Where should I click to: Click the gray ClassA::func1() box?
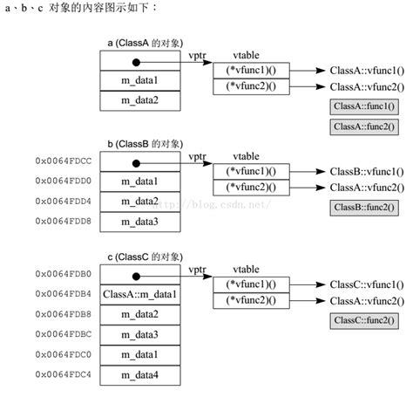coord(364,106)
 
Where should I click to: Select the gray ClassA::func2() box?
coord(364,127)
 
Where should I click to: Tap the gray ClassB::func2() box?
coord(364,208)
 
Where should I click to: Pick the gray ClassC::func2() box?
coord(366,320)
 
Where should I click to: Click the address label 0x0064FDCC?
coord(64,161)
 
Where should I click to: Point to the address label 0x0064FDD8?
coord(64,221)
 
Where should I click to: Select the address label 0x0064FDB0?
coord(64,274)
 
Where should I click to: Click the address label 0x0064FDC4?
coord(64,375)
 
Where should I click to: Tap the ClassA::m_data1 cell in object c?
coord(139,295)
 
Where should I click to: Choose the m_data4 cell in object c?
coord(139,376)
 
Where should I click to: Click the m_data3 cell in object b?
coord(139,222)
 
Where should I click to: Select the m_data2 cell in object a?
coord(139,100)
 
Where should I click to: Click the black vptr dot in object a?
coord(136,62)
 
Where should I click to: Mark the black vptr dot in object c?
coord(136,275)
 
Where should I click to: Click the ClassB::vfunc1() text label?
coord(366,171)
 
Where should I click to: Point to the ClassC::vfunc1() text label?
coord(366,284)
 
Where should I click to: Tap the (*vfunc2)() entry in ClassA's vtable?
coord(251,87)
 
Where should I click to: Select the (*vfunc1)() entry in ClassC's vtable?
coord(251,284)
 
